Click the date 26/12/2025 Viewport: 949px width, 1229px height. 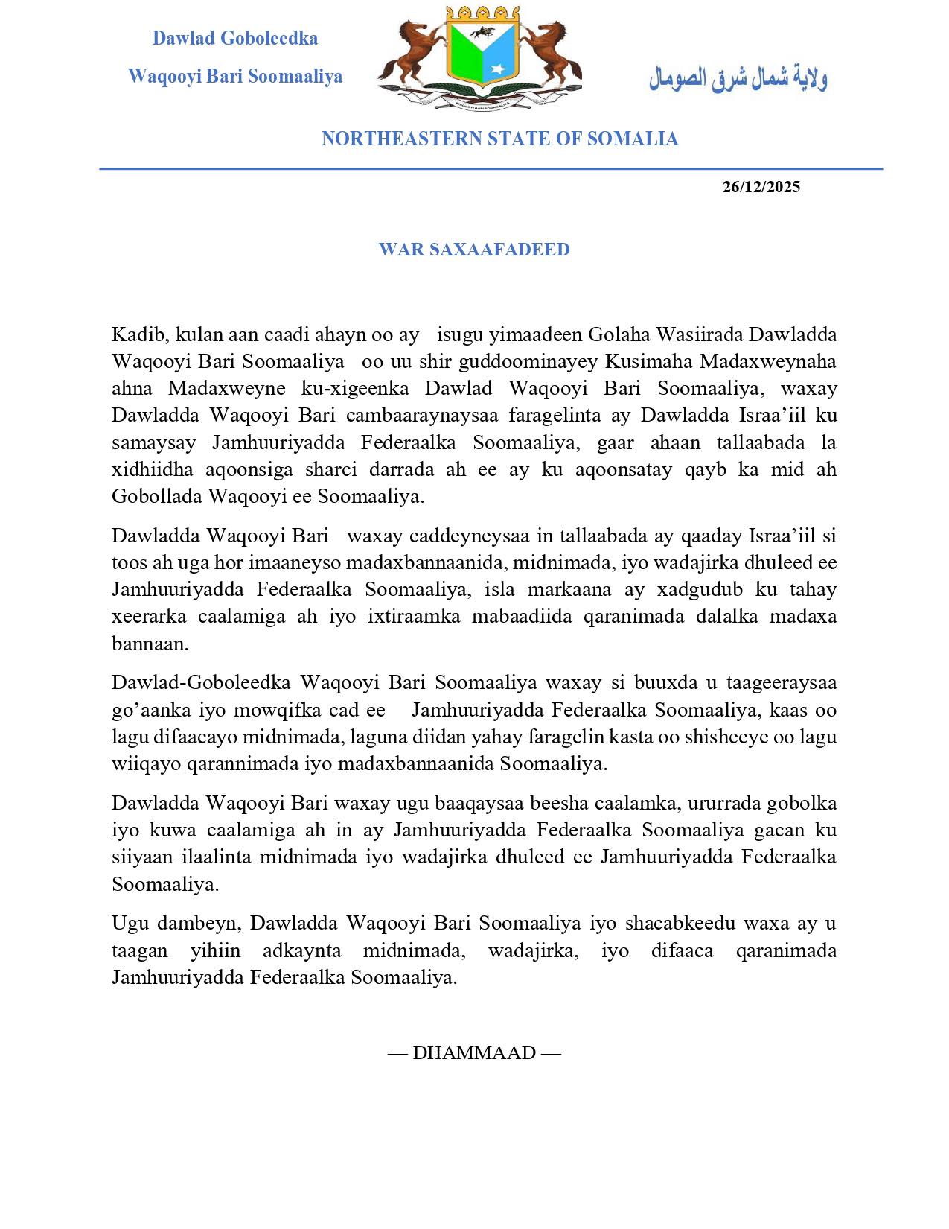761,187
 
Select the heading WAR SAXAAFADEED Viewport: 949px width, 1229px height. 474,250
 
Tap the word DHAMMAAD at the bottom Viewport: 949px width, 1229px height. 474,1052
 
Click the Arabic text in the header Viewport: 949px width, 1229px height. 738,77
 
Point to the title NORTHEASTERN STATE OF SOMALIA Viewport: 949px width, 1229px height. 499,139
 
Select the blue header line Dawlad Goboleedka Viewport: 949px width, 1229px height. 235,38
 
